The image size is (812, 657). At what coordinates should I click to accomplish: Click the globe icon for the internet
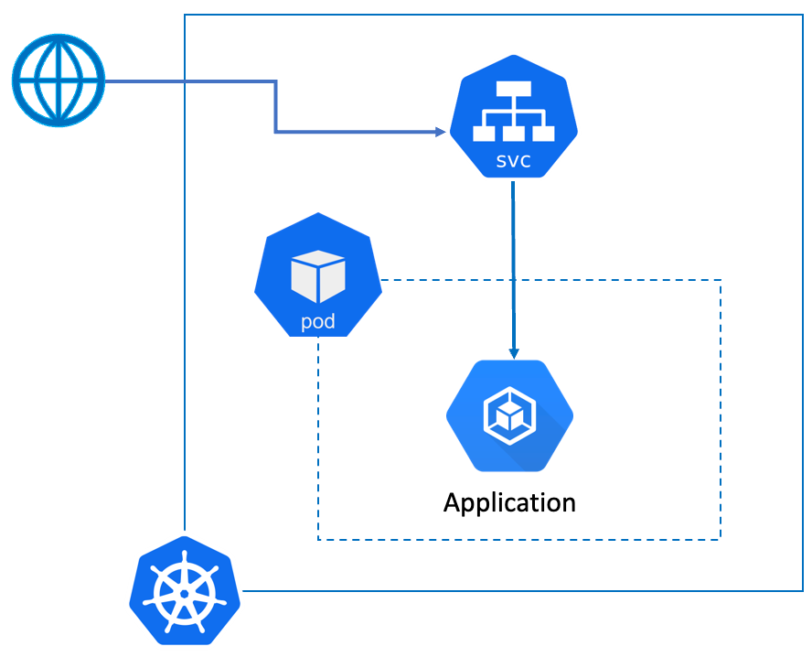coord(59,81)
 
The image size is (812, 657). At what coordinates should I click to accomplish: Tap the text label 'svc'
coord(513,162)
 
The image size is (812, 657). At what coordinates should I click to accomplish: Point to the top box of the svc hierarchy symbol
coord(514,90)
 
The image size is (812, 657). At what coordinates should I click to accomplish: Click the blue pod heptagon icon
coord(317,275)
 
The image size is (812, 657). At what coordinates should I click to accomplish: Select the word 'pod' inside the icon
coord(317,322)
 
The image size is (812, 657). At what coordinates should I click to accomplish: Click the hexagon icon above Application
coord(509,416)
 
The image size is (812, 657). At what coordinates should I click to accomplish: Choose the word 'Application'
coord(509,502)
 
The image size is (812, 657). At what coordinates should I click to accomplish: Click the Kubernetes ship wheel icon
coord(185,593)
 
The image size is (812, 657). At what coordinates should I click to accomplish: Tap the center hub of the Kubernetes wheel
coord(185,593)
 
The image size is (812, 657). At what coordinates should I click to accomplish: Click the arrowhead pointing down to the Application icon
coord(514,354)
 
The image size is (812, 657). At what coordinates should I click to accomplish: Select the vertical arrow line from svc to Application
coord(513,265)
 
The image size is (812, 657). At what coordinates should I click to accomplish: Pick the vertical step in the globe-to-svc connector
coord(276,107)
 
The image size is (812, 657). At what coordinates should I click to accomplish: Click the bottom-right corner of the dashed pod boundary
coord(721,539)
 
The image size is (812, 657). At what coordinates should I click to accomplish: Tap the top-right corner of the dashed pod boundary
coord(721,280)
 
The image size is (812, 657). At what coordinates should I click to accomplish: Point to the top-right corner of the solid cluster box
coord(802,16)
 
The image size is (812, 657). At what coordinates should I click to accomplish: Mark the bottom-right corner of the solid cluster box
coord(802,591)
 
